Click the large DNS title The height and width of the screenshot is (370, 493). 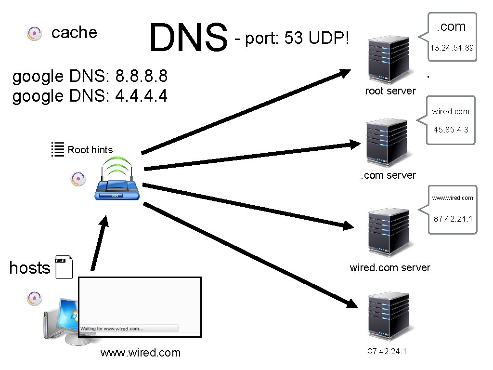click(188, 38)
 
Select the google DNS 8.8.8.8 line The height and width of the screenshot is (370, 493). click(90, 76)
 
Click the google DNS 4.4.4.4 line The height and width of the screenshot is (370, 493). click(90, 96)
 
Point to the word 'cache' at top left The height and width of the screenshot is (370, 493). click(74, 32)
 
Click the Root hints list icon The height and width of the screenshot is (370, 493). click(58, 149)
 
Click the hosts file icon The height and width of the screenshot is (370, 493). click(64, 267)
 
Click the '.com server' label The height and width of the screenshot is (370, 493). click(388, 175)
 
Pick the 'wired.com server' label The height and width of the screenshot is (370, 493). click(390, 268)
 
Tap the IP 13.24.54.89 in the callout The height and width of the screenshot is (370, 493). click(452, 48)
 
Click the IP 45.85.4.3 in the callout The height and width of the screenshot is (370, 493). click(451, 130)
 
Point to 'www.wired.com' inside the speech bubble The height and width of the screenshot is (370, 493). click(452, 198)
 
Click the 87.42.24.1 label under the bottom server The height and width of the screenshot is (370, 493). click(387, 351)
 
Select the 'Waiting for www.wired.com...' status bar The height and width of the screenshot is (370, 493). click(129, 328)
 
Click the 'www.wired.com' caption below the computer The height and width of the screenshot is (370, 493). click(140, 353)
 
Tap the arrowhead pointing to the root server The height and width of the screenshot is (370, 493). click(345, 73)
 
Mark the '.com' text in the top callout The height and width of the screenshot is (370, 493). click(451, 27)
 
